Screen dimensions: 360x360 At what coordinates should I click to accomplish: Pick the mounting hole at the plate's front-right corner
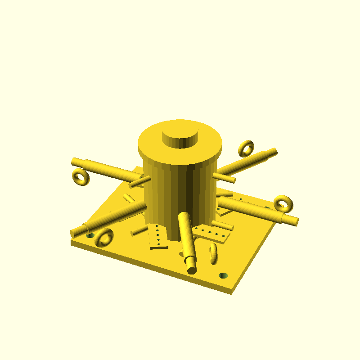[x=223, y=275]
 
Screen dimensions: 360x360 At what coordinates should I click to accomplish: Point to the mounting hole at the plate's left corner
[x=90, y=235]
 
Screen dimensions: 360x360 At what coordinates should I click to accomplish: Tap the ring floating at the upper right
[x=246, y=148]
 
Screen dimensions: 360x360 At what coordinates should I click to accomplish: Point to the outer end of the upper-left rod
[x=76, y=161]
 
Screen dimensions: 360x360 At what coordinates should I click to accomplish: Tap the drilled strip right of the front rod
[x=212, y=234]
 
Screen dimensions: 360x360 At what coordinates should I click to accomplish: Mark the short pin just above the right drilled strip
[x=222, y=225]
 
